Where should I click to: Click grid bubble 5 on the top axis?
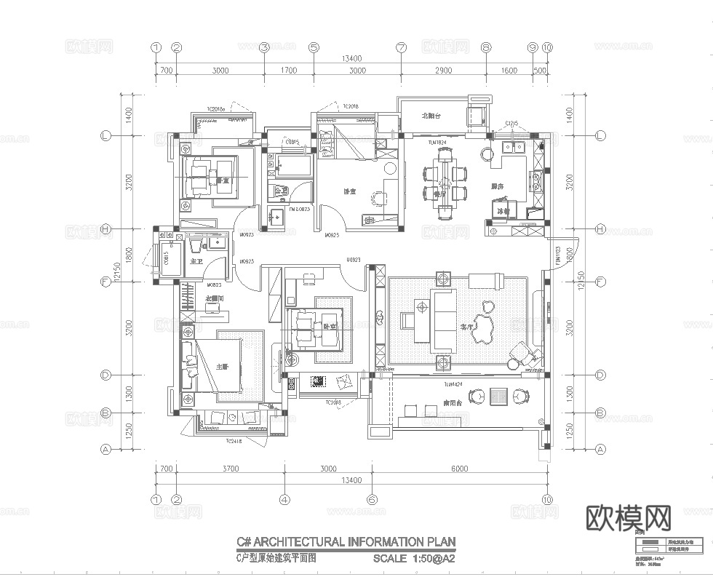point(314,47)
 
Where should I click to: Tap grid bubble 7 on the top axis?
point(400,47)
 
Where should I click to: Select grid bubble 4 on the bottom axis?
point(284,500)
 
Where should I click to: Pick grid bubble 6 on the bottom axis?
point(372,500)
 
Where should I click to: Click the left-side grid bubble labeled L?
point(105,136)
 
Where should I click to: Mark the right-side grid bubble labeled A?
point(600,450)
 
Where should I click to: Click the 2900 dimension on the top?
point(443,71)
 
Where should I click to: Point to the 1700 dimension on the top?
point(289,71)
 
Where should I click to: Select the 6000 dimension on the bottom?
point(459,469)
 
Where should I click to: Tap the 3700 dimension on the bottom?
point(231,469)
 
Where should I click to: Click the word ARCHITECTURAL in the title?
point(299,541)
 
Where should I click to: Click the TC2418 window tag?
point(233,441)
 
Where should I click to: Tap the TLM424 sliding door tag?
point(453,383)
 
